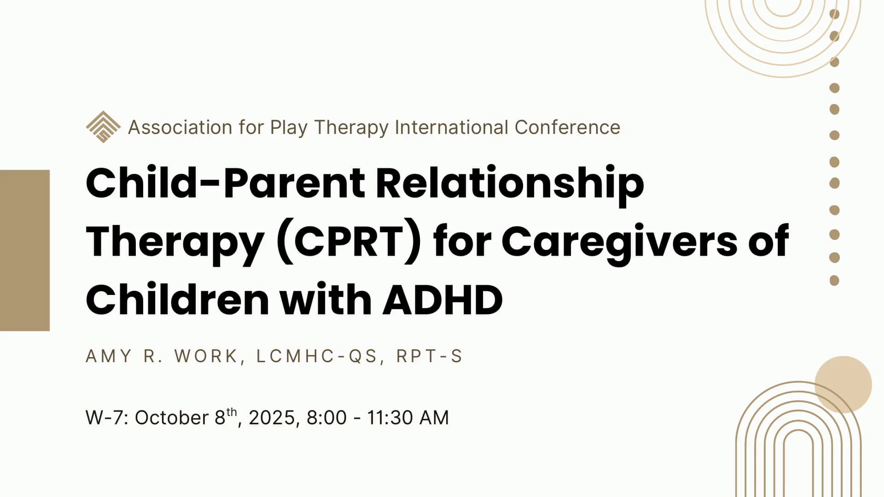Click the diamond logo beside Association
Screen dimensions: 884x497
(103, 127)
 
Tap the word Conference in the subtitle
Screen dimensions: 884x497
(567, 127)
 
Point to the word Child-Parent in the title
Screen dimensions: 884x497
(226, 183)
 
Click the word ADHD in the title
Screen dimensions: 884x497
(443, 301)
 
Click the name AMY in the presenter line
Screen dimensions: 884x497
(109, 356)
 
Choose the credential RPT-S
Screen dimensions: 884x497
(429, 356)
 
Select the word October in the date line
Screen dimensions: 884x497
(171, 418)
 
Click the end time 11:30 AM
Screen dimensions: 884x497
(407, 418)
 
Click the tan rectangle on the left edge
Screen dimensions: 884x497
(25, 250)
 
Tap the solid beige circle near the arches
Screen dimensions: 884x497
(843, 384)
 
